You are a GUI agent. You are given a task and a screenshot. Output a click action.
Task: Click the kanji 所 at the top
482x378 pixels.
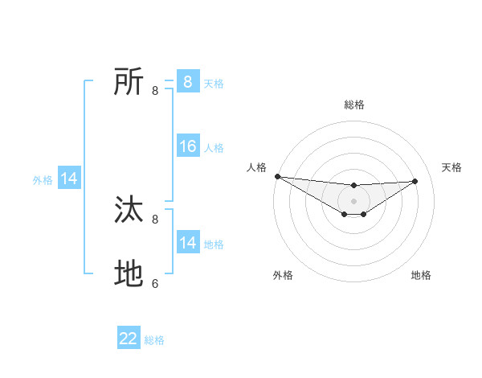[129, 82]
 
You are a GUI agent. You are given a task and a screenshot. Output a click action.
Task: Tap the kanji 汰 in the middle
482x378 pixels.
[129, 210]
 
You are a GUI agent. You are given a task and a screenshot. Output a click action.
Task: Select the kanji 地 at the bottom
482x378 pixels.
[129, 274]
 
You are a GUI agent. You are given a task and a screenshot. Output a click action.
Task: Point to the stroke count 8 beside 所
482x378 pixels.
[155, 91]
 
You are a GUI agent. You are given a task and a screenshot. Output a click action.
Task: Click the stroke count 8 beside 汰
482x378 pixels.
[155, 219]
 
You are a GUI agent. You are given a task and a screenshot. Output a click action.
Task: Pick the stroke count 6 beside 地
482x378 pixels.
[155, 284]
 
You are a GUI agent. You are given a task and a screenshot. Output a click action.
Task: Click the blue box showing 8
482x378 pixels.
[187, 82]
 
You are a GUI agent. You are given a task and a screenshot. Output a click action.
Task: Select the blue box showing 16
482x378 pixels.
[187, 146]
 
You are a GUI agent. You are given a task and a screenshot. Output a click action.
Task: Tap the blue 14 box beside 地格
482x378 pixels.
[187, 243]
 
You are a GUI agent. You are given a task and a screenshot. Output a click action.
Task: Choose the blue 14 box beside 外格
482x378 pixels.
[69, 179]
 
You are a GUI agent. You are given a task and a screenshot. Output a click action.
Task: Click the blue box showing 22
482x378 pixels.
[129, 339]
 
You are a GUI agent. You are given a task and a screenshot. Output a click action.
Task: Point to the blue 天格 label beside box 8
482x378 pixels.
[214, 83]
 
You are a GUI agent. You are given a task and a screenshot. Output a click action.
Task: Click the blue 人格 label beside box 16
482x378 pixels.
[214, 147]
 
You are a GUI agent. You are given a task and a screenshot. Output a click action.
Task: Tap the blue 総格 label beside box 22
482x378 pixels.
[154, 339]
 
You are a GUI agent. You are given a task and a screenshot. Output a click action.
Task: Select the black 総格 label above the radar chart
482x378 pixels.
[354, 105]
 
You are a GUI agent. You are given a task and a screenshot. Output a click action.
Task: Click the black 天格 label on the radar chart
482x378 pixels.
[451, 167]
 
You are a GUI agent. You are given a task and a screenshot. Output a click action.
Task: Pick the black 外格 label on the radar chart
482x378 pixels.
[283, 275]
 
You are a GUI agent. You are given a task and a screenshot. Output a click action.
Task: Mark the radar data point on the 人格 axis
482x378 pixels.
[277, 176]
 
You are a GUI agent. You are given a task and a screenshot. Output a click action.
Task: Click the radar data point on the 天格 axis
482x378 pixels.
[415, 181]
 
